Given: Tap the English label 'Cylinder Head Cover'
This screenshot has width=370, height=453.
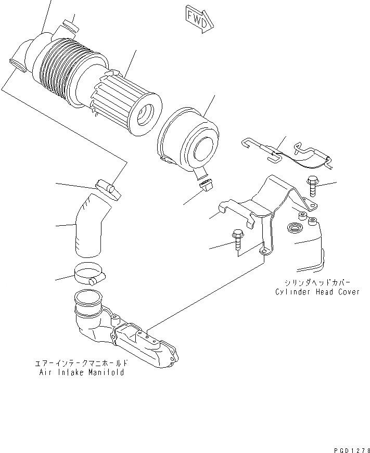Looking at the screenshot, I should [x=317, y=292].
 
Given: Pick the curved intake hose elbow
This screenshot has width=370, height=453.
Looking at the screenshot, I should [x=93, y=227].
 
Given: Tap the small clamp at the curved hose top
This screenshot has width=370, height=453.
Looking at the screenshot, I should [x=107, y=188].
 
